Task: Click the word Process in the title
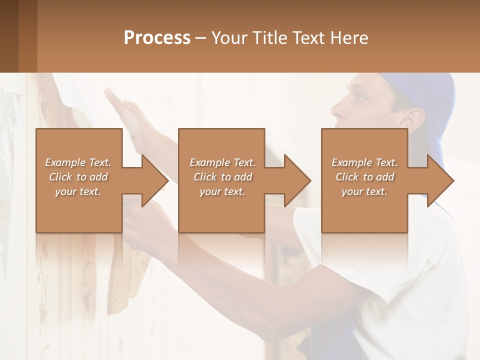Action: pyautogui.click(x=157, y=38)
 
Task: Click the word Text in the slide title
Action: pyautogui.click(x=307, y=38)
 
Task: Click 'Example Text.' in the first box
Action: pyautogui.click(x=78, y=162)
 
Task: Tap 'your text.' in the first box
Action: pyautogui.click(x=78, y=191)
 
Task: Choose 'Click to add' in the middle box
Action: pyautogui.click(x=222, y=177)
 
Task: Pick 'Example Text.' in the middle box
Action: pyautogui.click(x=222, y=162)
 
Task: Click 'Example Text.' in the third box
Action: pyautogui.click(x=364, y=162)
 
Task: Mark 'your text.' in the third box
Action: pyautogui.click(x=364, y=191)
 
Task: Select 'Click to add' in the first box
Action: pyautogui.click(x=78, y=177)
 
